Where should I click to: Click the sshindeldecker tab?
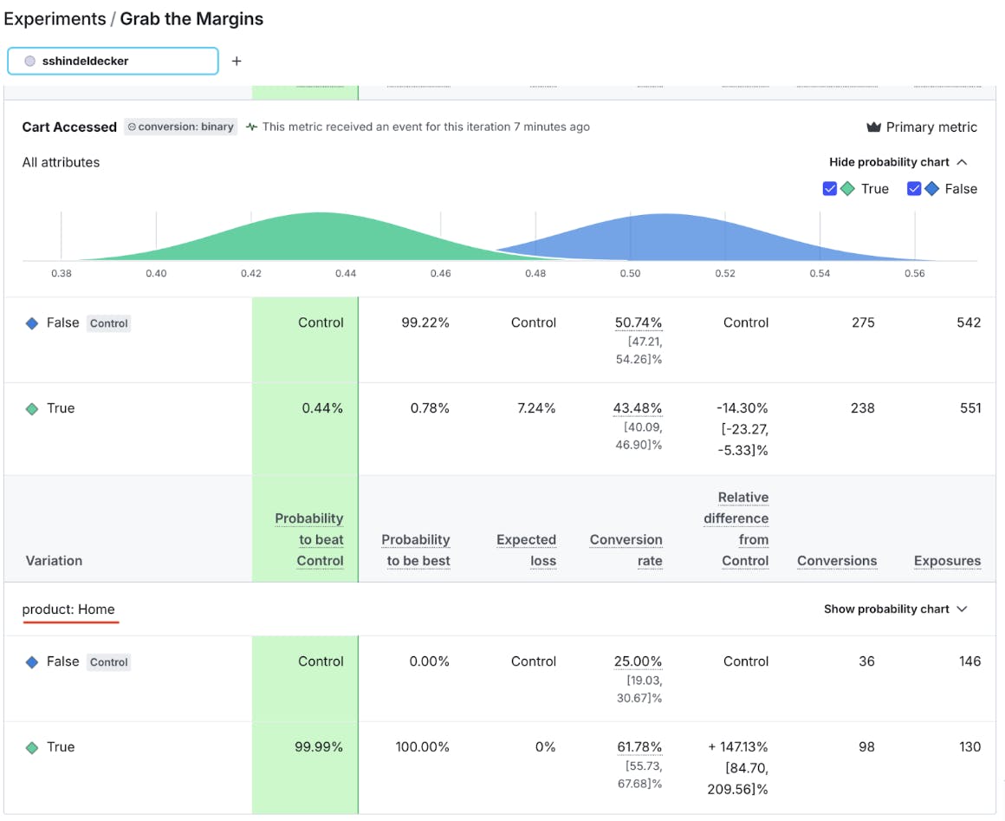coord(113,62)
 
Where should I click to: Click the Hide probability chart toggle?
coord(898,162)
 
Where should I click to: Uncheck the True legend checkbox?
coord(829,189)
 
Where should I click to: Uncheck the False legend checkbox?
coord(914,189)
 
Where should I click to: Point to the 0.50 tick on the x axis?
coord(630,273)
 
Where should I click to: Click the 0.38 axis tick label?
coord(62,273)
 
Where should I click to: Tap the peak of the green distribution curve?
coord(321,214)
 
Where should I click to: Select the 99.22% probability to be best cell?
coord(425,323)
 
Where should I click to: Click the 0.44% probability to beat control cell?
coord(322,408)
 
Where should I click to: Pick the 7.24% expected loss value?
coord(535,408)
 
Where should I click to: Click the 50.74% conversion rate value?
coord(639,323)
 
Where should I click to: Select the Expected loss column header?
coord(526,550)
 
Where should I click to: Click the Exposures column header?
coord(947,561)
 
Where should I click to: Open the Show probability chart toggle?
coord(895,609)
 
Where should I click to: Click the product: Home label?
coord(68,609)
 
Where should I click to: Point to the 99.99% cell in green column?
coord(319,747)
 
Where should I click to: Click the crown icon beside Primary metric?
coord(873,127)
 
